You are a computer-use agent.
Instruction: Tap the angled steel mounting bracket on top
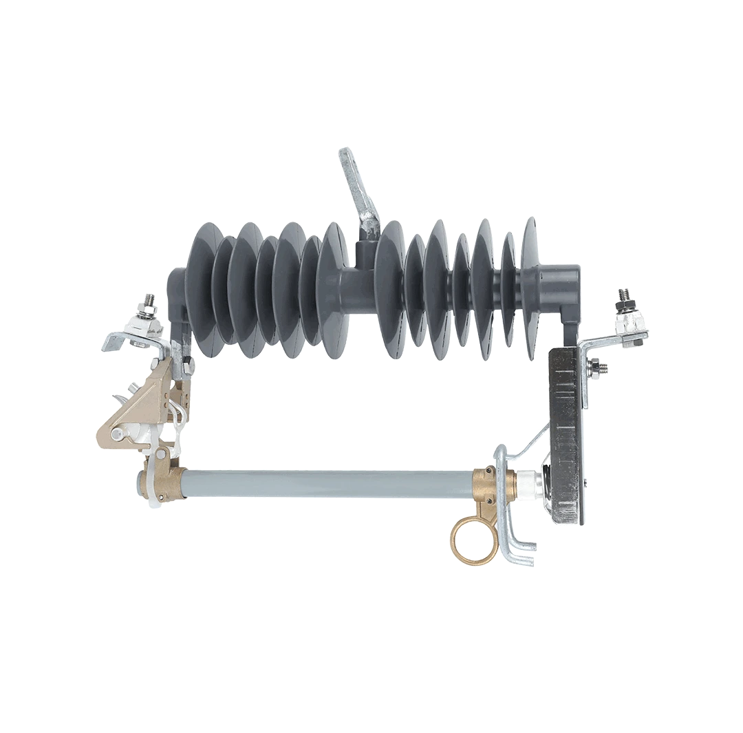(358, 186)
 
